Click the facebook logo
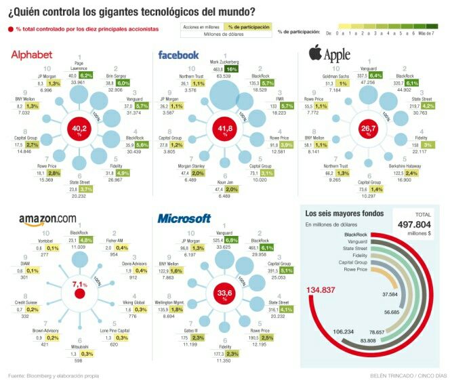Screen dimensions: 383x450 point(178,55)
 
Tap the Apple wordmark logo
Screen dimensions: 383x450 point(329,54)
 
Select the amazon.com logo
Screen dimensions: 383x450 point(47,218)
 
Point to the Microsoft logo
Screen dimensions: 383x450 point(184,218)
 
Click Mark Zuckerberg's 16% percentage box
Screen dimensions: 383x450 point(232,68)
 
